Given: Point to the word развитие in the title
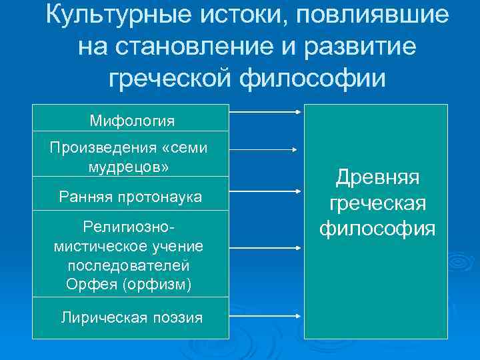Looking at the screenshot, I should pyautogui.click(x=360, y=47).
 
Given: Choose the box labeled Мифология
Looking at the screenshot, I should pyautogui.click(x=131, y=120).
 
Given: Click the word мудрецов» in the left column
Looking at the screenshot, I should pyautogui.click(x=128, y=166).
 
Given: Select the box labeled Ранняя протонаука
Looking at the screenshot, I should pyautogui.click(x=131, y=196).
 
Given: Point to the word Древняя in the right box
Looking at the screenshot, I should pyautogui.click(x=377, y=177).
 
